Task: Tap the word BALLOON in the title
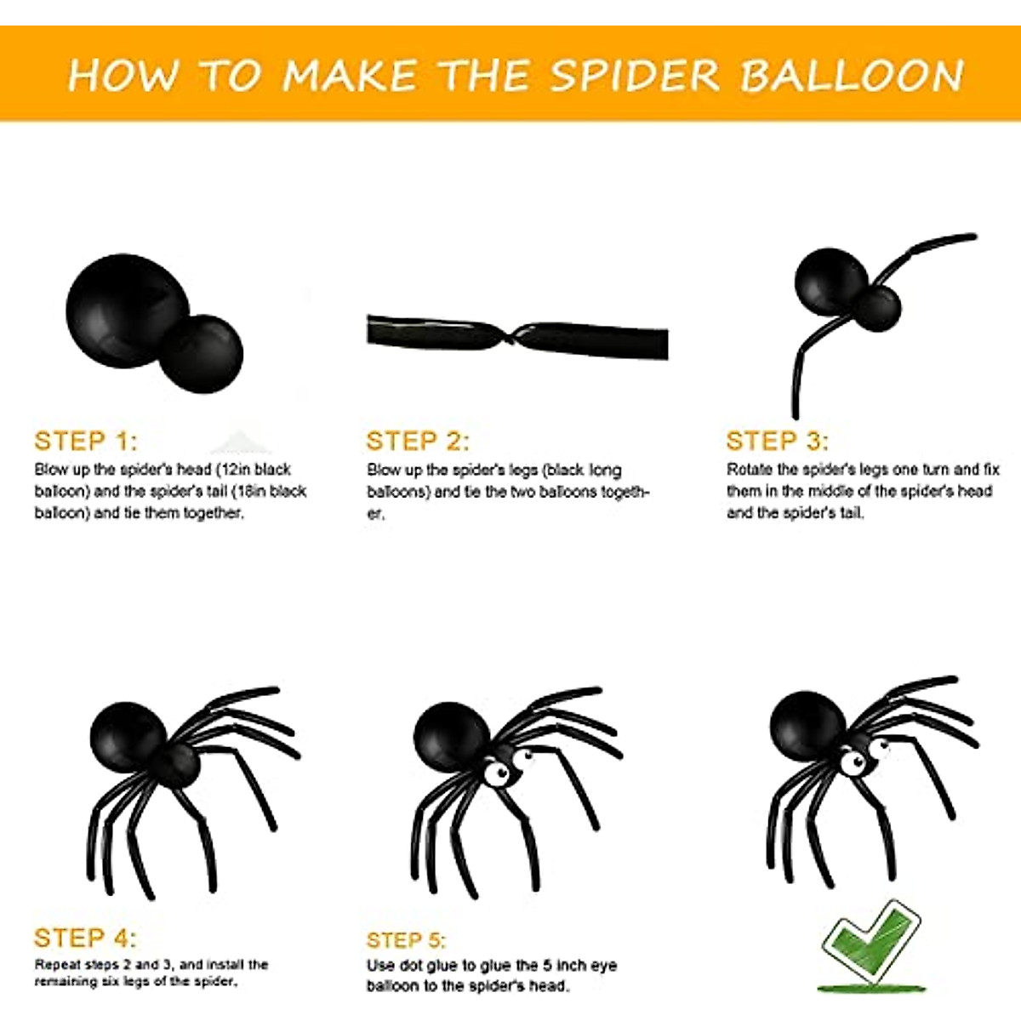tap(852, 76)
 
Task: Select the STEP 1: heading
tap(85, 441)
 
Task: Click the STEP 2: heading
tap(417, 441)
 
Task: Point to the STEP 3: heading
tap(777, 441)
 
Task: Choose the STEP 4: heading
tap(85, 938)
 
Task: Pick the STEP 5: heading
tap(406, 940)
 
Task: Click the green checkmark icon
tap(872, 944)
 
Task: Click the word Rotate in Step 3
tap(750, 470)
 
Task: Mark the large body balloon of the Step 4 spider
tap(128, 736)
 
